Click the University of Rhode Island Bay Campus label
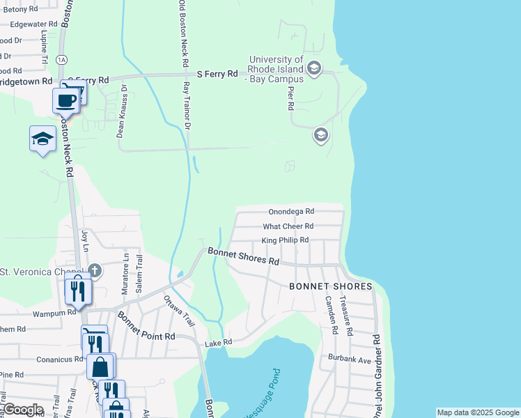click(x=277, y=70)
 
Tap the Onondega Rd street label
click(x=291, y=211)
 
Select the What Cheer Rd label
click(x=288, y=226)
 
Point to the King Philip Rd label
click(x=285, y=240)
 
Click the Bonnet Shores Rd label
click(x=243, y=256)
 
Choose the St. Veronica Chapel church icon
click(x=95, y=270)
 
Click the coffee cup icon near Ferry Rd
click(x=66, y=100)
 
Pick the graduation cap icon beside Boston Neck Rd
click(x=42, y=138)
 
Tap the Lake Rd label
click(x=217, y=343)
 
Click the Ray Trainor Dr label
click(x=186, y=104)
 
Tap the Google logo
click(x=23, y=410)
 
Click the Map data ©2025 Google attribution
click(x=478, y=412)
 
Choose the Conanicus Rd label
click(x=59, y=359)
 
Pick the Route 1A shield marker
click(x=62, y=61)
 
